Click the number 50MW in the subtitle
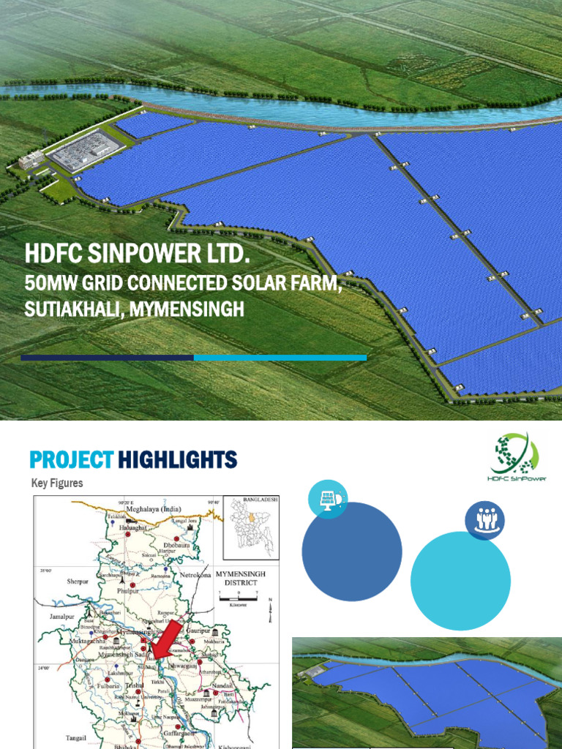point(52,282)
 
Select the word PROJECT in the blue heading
point(72,460)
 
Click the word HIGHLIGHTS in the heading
point(178,460)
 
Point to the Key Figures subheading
point(57,483)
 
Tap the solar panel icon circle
point(327,500)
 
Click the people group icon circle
point(484,520)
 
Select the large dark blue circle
point(352,552)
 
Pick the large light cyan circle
point(460,581)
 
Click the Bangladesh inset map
point(251,526)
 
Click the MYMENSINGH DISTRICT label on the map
point(241,579)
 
